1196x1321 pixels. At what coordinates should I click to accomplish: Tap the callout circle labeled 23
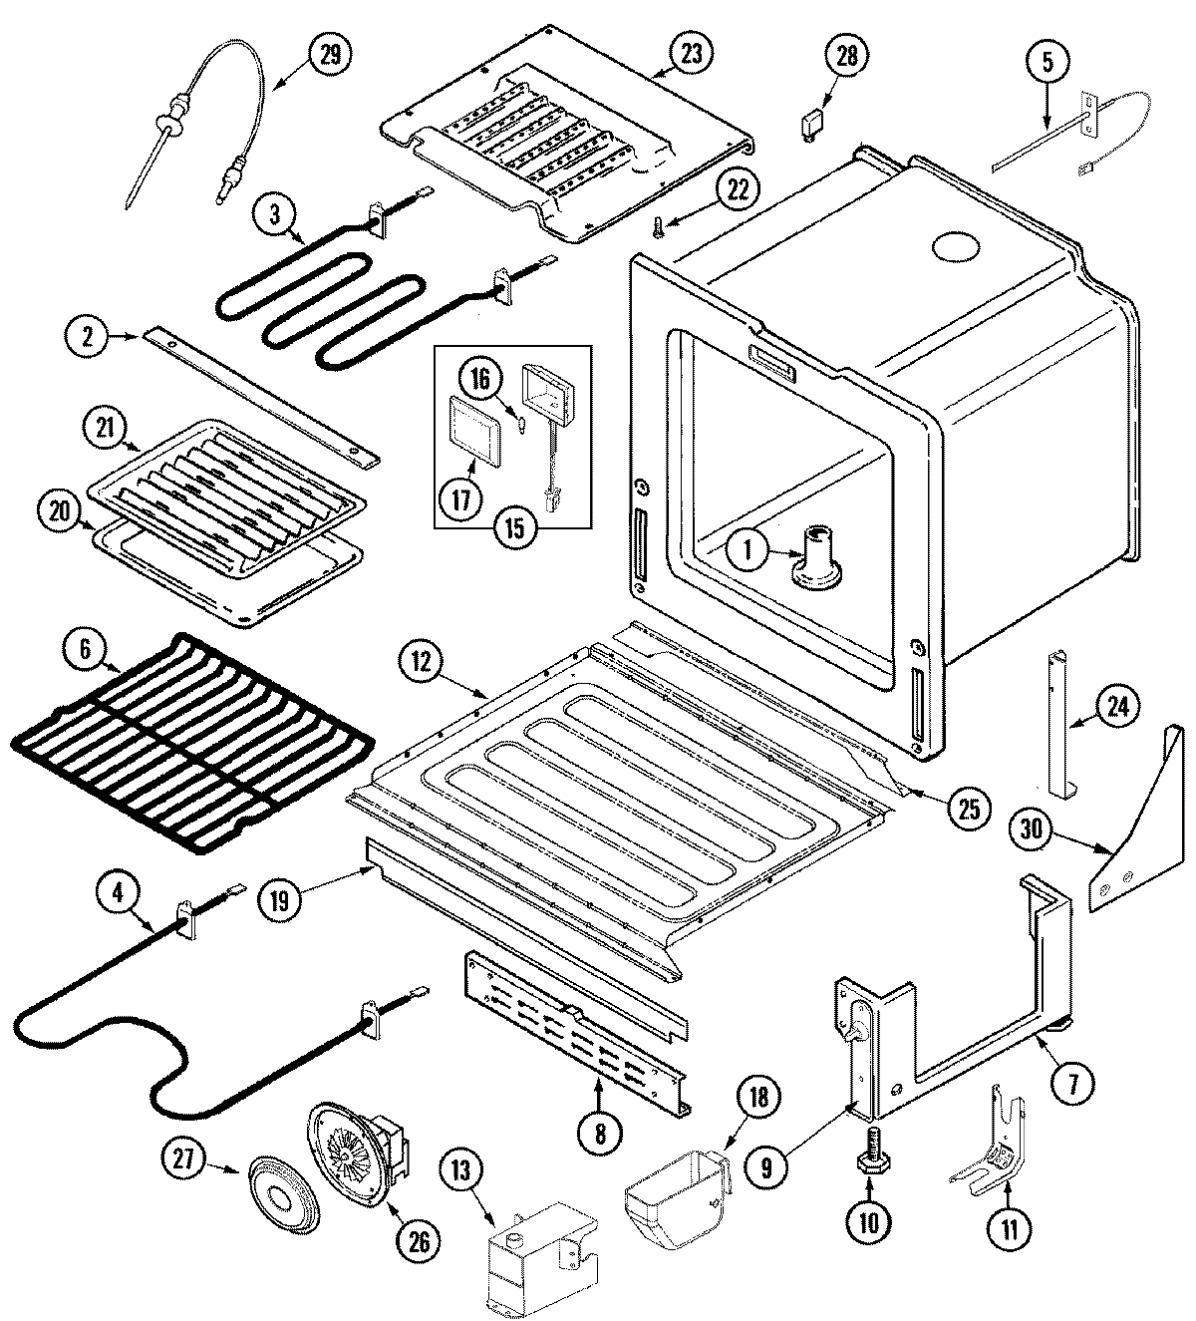[x=689, y=54]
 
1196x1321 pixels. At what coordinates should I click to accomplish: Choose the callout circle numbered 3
[x=274, y=214]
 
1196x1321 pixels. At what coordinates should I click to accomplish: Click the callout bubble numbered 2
[x=89, y=336]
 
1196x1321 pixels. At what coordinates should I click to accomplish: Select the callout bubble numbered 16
[x=477, y=380]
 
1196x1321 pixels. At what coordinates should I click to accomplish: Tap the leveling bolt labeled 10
[x=869, y=1160]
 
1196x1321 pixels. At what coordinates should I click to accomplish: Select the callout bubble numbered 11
[x=1010, y=1229]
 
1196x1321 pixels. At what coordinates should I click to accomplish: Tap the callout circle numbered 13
[x=457, y=1176]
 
